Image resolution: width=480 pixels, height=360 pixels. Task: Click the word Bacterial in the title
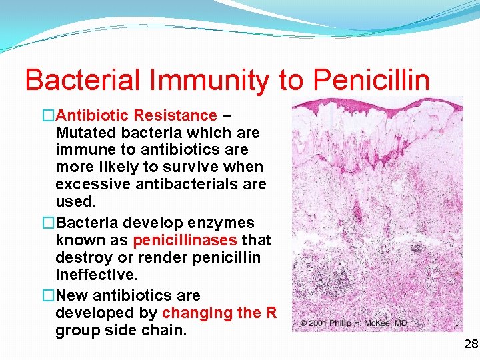click(82, 79)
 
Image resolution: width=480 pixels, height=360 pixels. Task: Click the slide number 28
click(471, 344)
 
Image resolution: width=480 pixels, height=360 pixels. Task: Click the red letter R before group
click(271, 312)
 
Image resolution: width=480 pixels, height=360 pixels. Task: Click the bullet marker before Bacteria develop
click(48, 222)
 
